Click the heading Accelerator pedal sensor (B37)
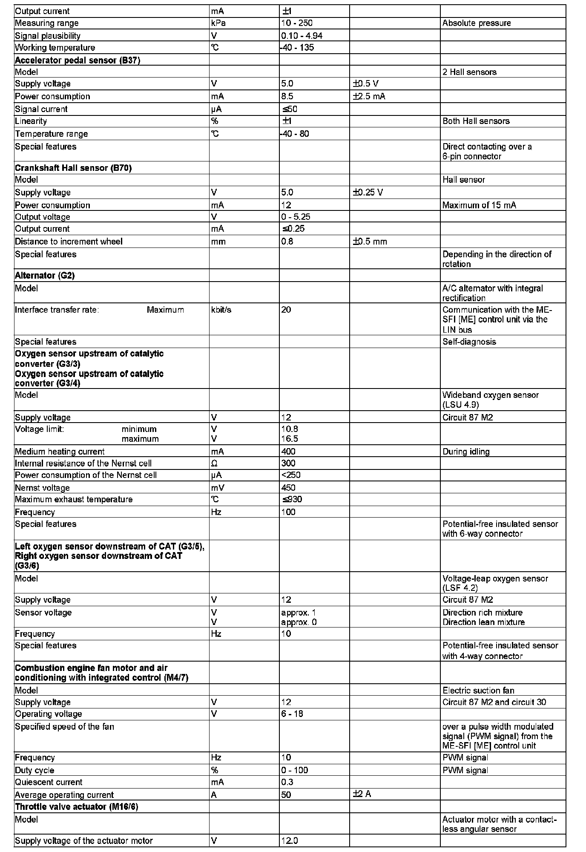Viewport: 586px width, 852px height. [78, 60]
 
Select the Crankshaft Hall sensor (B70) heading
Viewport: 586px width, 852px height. [73, 168]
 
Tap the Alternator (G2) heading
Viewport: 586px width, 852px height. [45, 275]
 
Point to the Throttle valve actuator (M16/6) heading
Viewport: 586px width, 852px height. [77, 806]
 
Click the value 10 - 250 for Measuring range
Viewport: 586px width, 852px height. [297, 23]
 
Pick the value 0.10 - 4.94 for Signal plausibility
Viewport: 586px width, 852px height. [302, 36]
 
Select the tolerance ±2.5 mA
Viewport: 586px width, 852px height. [369, 96]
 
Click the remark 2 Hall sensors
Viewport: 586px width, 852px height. [469, 72]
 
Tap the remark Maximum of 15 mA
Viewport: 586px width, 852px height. [479, 205]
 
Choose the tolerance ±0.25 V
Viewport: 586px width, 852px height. [368, 193]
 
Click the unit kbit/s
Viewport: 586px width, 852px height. [221, 310]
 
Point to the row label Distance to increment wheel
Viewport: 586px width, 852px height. [69, 242]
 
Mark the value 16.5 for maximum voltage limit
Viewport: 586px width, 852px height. [290, 439]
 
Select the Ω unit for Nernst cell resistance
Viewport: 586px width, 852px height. [214, 463]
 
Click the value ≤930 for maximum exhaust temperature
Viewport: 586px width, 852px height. [292, 499]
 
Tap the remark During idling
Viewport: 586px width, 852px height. [466, 452]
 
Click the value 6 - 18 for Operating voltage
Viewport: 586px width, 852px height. [292, 714]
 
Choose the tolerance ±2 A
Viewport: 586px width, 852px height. [362, 794]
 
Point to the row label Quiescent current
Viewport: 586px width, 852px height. [49, 782]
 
